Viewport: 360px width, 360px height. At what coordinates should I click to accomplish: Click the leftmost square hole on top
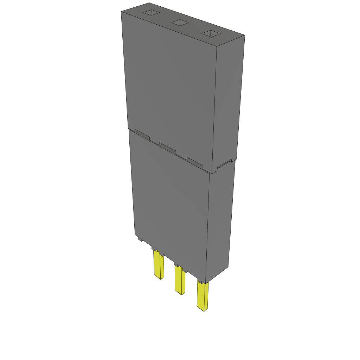point(151,13)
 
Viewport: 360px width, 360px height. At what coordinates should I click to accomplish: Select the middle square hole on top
point(180,23)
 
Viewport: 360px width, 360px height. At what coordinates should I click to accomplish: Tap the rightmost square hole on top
point(211,34)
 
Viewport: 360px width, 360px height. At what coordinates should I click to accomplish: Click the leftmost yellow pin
point(159,265)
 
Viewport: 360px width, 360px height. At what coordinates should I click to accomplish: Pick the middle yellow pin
point(180,281)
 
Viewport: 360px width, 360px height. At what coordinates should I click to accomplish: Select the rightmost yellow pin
point(202,297)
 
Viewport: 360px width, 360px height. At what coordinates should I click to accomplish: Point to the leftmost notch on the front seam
point(142,135)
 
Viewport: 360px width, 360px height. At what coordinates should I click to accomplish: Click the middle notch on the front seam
point(167,147)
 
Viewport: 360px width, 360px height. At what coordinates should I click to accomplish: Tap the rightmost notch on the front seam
point(194,162)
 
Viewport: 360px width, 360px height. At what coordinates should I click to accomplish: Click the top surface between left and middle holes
point(165,18)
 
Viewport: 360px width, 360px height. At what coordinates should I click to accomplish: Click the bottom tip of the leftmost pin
point(161,278)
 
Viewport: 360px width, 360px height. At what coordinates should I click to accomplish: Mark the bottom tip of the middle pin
point(181,294)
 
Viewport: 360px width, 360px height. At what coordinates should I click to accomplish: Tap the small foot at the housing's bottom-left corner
point(140,239)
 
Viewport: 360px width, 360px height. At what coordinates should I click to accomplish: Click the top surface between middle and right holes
point(195,28)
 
